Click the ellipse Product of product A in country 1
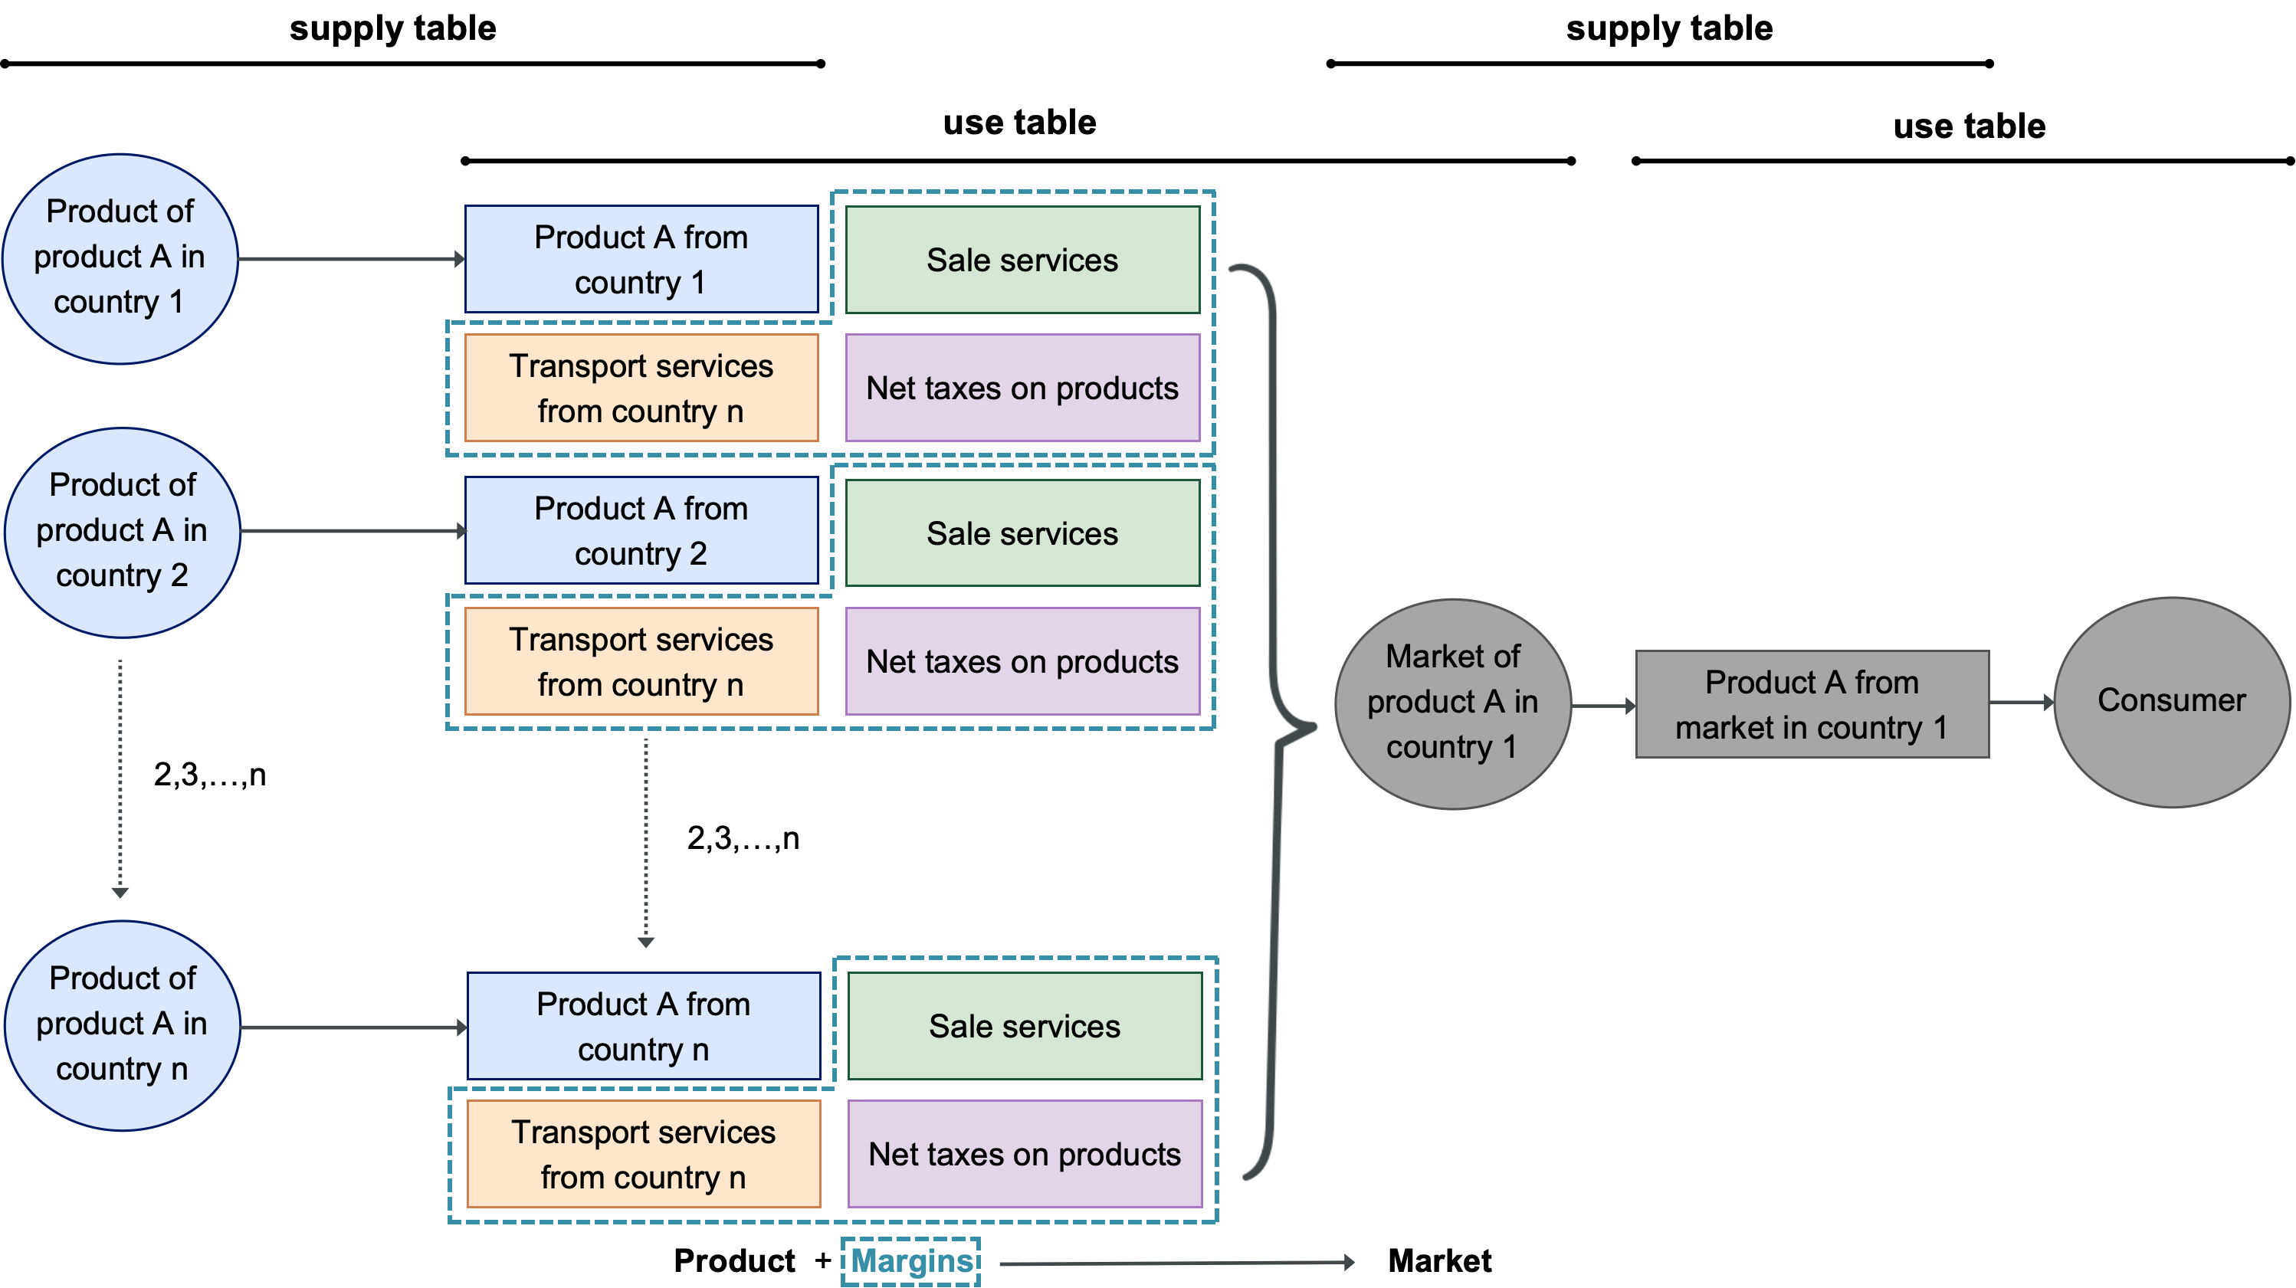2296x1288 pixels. click(x=120, y=258)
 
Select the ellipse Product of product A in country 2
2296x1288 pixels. click(x=122, y=533)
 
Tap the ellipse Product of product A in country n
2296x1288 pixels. click(x=122, y=1025)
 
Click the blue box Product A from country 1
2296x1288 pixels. click(x=641, y=260)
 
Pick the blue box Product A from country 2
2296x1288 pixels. click(x=641, y=530)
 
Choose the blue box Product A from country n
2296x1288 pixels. click(x=643, y=1026)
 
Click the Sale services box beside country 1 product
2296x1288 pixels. click(x=1022, y=261)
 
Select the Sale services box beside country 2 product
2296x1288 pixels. click(x=1022, y=533)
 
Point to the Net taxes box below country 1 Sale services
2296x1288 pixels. click(x=1022, y=388)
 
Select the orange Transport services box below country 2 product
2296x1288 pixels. click(x=641, y=661)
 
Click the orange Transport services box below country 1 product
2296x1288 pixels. click(x=641, y=388)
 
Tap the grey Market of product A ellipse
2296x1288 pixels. click(x=1453, y=703)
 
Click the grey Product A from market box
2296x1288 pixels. click(x=1811, y=704)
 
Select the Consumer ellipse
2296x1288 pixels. click(x=2171, y=703)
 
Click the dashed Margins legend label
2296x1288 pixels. click(x=911, y=1261)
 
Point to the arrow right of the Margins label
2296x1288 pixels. click(x=1176, y=1262)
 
